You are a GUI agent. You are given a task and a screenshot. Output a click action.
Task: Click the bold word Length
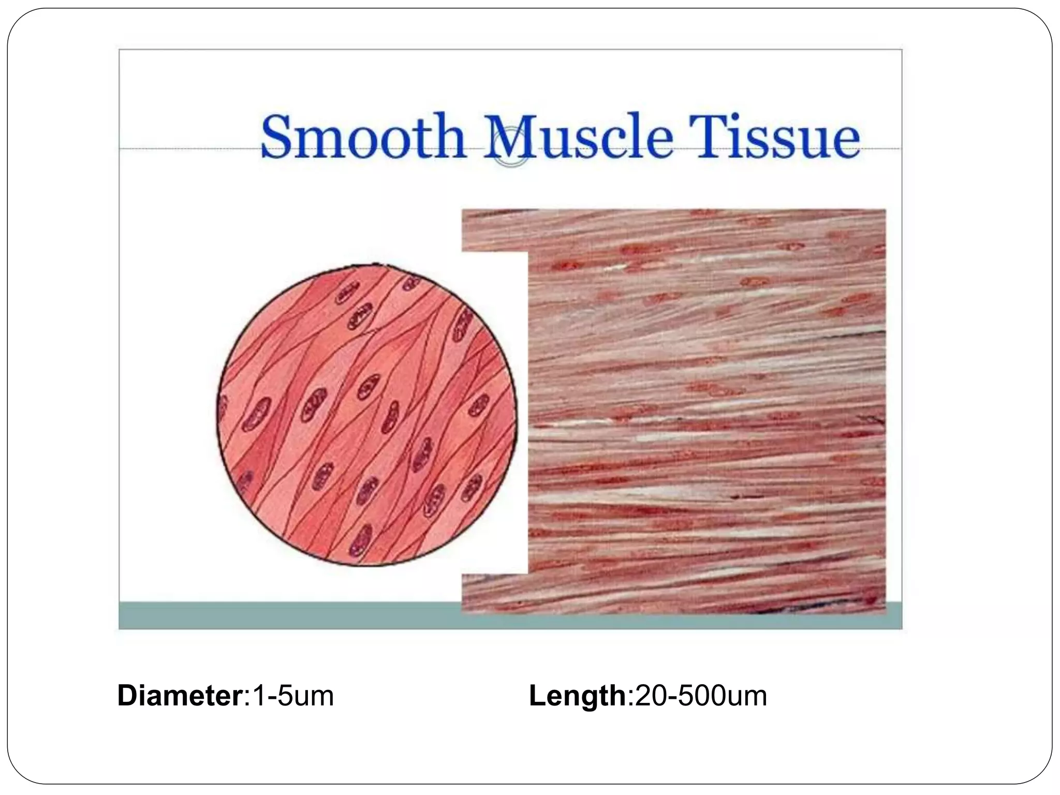point(578,695)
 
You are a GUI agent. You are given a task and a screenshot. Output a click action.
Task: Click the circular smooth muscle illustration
point(366,414)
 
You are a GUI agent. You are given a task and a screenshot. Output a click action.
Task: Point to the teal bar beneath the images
point(290,615)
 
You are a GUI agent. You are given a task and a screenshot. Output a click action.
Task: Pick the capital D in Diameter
point(127,695)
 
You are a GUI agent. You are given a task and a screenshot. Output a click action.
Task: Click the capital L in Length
point(536,695)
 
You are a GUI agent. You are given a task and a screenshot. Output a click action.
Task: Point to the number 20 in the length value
point(649,695)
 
